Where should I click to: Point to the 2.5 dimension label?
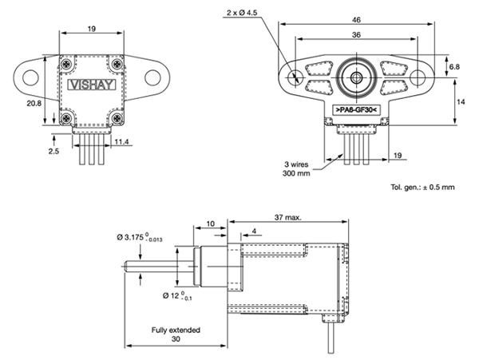click(52, 150)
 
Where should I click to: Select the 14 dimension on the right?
click(461, 101)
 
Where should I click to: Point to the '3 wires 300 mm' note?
click(299, 169)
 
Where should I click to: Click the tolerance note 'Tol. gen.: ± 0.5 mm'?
click(422, 187)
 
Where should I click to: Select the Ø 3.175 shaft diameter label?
click(149, 237)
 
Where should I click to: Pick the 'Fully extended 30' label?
click(176, 334)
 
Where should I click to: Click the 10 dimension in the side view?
click(210, 224)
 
